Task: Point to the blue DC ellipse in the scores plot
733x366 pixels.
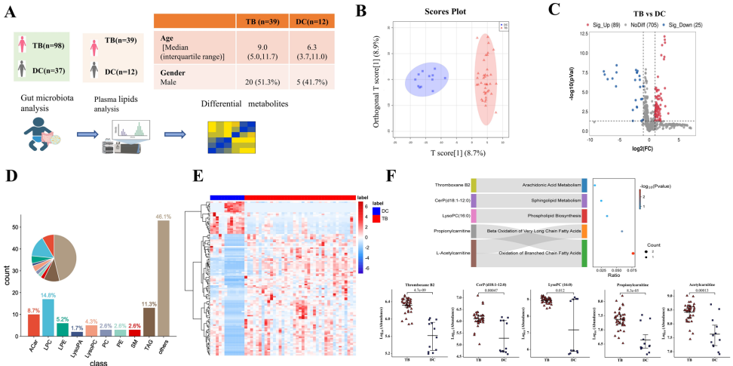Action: point(427,80)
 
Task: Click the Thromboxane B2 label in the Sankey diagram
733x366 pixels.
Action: point(451,183)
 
